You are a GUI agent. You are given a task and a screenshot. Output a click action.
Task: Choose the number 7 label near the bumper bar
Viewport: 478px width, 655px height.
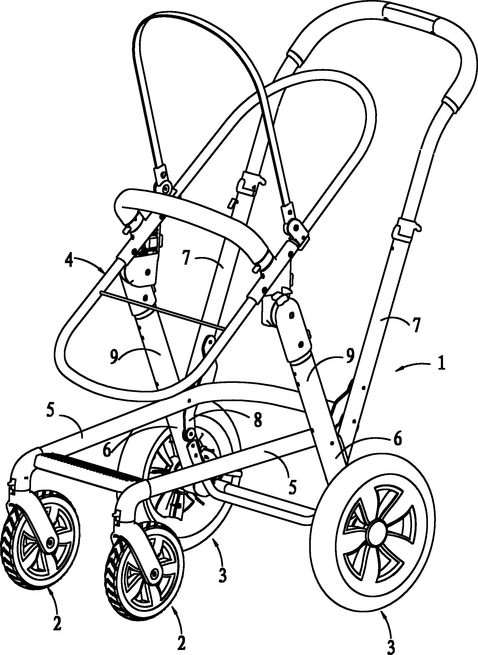pos(187,259)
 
